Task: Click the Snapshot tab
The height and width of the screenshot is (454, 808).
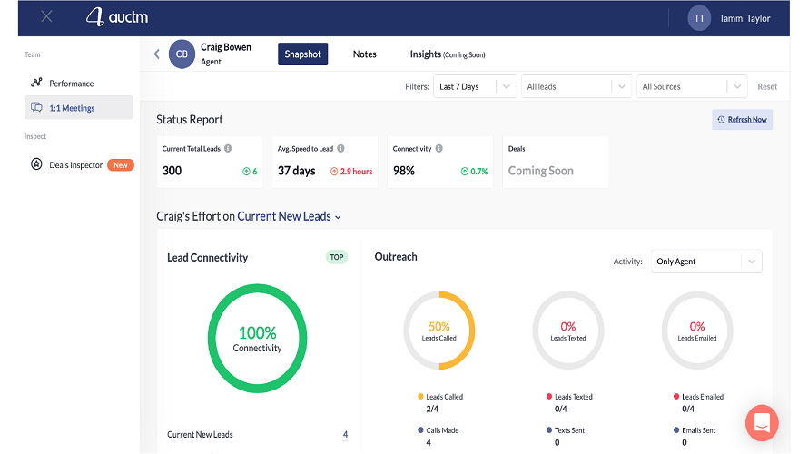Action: pos(302,54)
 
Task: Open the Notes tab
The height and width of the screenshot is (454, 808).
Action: pos(364,54)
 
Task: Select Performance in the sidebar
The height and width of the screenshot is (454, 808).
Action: pos(71,84)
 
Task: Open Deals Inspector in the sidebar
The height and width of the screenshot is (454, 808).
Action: pos(75,165)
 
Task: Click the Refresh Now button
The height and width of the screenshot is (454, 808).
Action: pos(742,120)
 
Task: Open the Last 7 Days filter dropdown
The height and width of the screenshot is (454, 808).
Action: pos(475,87)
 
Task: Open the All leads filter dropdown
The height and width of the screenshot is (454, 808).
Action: pos(576,87)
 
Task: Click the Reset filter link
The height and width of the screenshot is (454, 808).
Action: pos(767,87)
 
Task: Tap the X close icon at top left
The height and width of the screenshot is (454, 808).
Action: pos(47,17)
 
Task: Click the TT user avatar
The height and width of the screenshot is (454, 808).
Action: pos(699,18)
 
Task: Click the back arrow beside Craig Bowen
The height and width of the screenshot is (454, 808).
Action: pos(156,54)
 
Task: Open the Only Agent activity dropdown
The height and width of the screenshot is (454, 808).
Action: pos(705,262)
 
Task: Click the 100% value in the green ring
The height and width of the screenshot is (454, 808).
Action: pos(257,333)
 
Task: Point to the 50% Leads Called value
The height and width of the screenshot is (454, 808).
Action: pos(439,327)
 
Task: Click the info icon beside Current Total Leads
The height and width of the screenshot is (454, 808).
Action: pos(228,149)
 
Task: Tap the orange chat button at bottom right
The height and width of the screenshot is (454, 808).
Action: pos(763,423)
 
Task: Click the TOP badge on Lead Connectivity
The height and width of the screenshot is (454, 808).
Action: pos(336,257)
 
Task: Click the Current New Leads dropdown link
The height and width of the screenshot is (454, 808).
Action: pos(290,217)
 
